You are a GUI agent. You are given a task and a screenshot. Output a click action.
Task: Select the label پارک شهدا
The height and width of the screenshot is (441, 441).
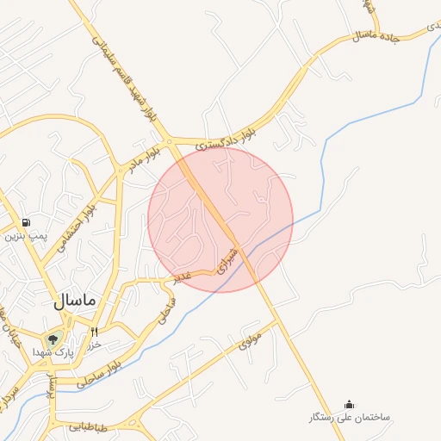[53, 353]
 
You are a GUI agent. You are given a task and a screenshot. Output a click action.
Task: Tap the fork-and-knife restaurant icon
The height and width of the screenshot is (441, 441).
[94, 332]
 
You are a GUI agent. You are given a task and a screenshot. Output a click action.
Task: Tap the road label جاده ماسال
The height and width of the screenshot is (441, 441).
[375, 35]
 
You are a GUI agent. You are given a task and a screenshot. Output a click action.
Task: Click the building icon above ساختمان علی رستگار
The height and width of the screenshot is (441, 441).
[349, 404]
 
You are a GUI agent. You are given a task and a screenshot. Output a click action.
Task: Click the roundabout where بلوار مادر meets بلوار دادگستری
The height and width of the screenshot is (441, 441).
[171, 140]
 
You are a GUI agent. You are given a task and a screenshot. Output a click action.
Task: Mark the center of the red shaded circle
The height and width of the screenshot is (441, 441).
[220, 220]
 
